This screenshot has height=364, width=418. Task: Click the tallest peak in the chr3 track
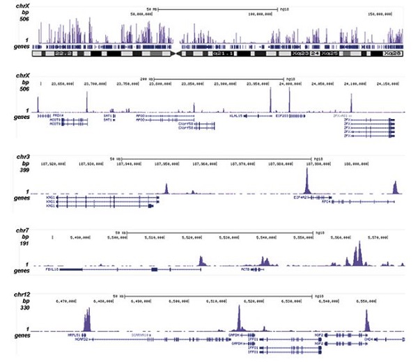[x=306, y=182]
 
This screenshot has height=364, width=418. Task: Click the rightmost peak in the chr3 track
[x=395, y=187]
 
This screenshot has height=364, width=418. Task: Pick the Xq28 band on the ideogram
[x=392, y=53]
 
